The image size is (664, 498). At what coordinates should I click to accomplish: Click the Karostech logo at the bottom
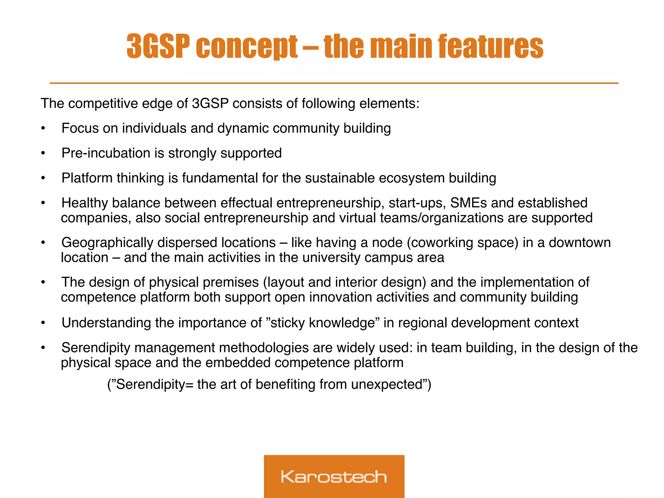(334, 476)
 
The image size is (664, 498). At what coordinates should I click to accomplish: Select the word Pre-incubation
(106, 153)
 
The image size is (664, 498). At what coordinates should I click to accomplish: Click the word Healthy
(85, 203)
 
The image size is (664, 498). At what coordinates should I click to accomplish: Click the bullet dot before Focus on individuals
(43, 129)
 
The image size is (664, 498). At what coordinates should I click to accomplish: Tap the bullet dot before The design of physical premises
(43, 283)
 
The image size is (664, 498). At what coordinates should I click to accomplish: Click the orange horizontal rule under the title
(334, 83)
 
